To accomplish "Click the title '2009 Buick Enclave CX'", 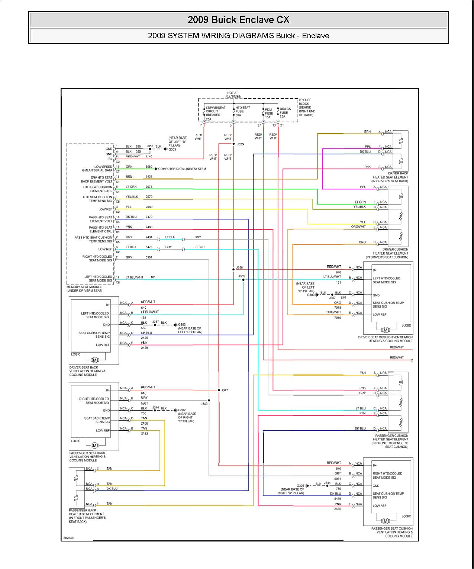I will (238, 20).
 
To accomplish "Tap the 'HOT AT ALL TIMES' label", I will (233, 95).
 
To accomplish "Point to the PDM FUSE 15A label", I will (268, 113).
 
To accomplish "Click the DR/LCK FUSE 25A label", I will (285, 113).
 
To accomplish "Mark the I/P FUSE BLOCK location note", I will (307, 107).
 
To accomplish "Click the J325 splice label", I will (241, 144).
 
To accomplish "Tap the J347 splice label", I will (225, 390).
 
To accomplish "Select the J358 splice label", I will (239, 267).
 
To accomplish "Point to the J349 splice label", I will (204, 404).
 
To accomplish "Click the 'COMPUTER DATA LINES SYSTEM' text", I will (182, 169).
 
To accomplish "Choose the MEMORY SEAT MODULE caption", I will (84, 289).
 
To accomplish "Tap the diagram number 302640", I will (68, 538).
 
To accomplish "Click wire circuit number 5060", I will (149, 167).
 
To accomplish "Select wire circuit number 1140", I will (149, 157).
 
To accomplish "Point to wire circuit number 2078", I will (149, 187).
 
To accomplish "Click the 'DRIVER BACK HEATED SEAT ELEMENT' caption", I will (390, 177).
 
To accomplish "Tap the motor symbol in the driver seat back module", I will (94, 360).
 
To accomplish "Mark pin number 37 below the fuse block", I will (259, 125).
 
